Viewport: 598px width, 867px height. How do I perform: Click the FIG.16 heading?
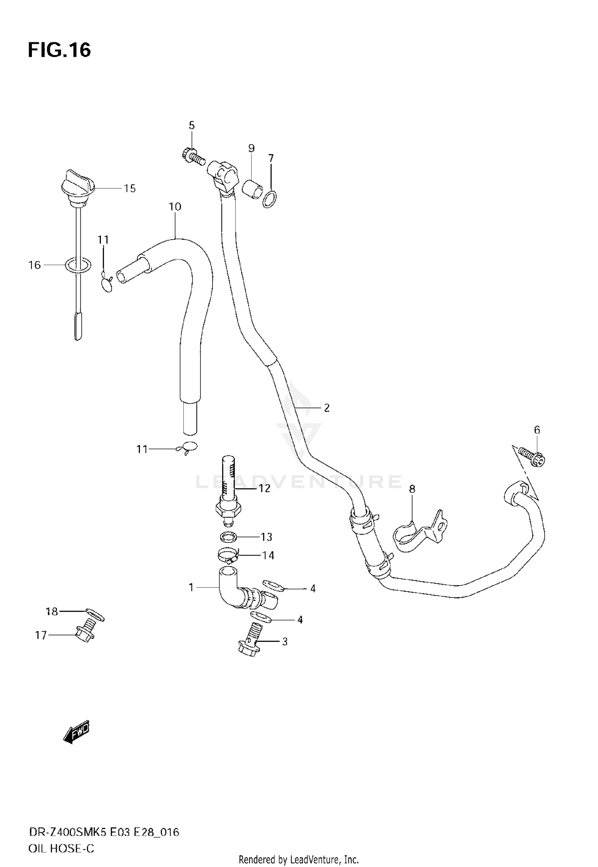(59, 51)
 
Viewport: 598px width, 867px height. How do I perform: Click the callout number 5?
(192, 125)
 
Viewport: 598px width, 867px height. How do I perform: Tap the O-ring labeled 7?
(271, 199)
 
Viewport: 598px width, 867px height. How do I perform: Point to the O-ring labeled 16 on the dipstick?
(78, 265)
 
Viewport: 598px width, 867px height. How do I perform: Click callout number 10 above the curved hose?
(175, 206)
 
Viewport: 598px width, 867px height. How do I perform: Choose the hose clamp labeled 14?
(228, 554)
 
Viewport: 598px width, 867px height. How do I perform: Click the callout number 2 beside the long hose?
(327, 408)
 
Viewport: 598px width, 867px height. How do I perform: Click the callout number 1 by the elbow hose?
(191, 587)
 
